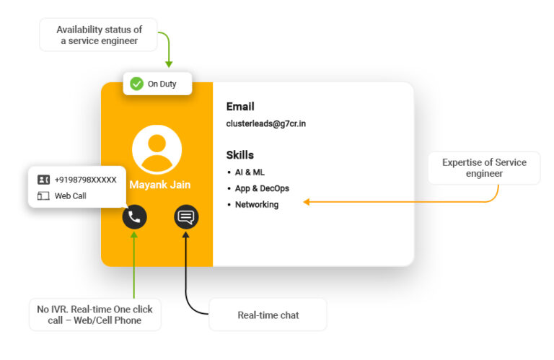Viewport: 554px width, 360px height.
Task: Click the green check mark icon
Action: [x=136, y=84]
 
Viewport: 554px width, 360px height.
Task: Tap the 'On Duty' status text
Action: [x=162, y=84]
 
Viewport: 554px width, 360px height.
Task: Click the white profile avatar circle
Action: [x=157, y=149]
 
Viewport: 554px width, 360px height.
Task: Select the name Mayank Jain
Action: [x=160, y=185]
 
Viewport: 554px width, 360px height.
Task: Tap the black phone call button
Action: [x=134, y=216]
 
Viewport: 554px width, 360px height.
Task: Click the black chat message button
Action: [x=186, y=216]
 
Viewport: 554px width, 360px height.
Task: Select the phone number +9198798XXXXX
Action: [x=85, y=180]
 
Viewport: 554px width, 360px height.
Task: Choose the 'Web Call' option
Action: [x=70, y=196]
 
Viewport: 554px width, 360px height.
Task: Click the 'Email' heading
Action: [x=240, y=107]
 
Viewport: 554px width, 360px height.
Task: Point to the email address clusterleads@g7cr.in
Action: [x=266, y=124]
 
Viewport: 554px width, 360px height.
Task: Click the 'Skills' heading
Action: [x=240, y=155]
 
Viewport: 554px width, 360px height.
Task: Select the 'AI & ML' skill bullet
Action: [x=250, y=172]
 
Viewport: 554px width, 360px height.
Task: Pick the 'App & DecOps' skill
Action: [x=262, y=188]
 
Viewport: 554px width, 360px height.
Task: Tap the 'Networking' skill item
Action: [x=257, y=205]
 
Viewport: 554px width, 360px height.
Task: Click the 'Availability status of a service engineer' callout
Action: [x=99, y=35]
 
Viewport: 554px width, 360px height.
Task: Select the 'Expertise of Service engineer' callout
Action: [x=484, y=167]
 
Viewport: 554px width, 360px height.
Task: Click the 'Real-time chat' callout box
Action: [x=268, y=315]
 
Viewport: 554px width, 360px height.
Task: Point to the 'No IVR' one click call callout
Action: [x=95, y=315]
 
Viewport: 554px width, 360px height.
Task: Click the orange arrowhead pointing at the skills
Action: [x=307, y=203]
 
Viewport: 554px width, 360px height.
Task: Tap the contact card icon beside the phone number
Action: [x=44, y=180]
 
